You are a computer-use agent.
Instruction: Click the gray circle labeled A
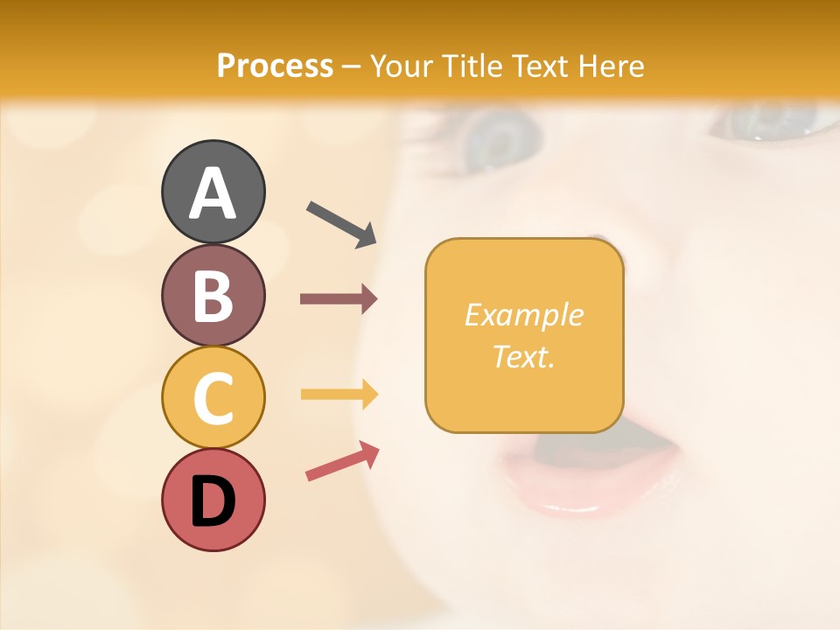(x=213, y=192)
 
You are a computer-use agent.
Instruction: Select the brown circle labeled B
(x=213, y=295)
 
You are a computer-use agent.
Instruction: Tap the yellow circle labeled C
(x=213, y=397)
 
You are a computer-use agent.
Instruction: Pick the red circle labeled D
(x=213, y=500)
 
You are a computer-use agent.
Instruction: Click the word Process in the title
(x=275, y=66)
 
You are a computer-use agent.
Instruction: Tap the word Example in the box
(x=523, y=315)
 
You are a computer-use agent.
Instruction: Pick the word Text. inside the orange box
(x=523, y=357)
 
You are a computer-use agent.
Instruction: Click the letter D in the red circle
(x=213, y=501)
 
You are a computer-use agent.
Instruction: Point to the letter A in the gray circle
(x=213, y=192)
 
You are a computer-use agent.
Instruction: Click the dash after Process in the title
(x=352, y=66)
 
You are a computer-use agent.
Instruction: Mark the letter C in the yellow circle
(x=213, y=398)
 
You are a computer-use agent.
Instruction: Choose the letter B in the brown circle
(x=213, y=296)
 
